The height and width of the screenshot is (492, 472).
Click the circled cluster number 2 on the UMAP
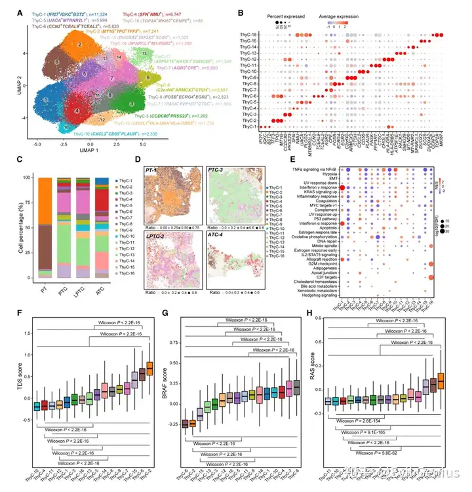tap(79, 44)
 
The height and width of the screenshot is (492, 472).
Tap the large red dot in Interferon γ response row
tap(342, 187)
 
